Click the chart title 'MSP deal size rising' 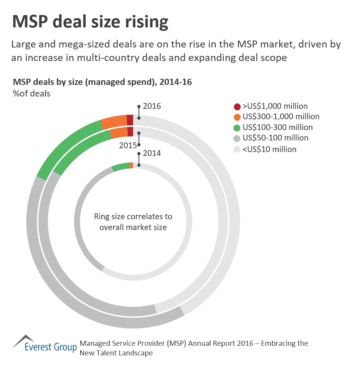tap(90, 22)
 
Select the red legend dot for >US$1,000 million tap(237, 107)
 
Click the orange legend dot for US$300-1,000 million tap(237, 117)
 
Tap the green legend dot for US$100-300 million tap(237, 127)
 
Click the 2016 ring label tap(152, 106)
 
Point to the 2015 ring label tap(128, 145)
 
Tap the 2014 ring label tap(152, 153)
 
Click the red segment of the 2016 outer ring tap(130, 120)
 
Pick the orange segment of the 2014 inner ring tap(132, 165)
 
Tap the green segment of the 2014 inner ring tap(121, 167)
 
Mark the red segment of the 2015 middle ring tap(130, 132)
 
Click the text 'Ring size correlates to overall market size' tap(133, 222)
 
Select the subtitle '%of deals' tap(32, 93)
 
